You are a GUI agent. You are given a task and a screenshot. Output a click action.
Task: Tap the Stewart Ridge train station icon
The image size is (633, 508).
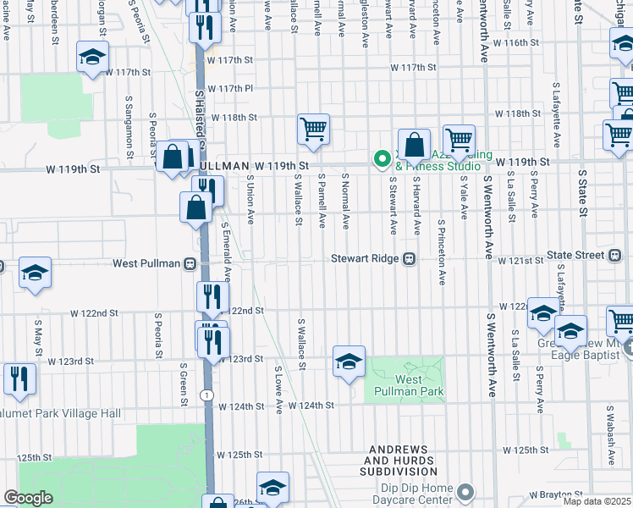(x=409, y=259)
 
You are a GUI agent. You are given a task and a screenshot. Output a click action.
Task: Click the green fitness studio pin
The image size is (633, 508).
(x=383, y=157)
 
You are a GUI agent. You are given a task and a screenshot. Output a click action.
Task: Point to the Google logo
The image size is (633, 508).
(x=28, y=498)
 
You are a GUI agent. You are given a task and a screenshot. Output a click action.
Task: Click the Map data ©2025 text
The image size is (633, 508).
(x=597, y=501)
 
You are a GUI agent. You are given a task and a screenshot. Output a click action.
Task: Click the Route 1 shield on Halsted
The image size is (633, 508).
(x=206, y=395)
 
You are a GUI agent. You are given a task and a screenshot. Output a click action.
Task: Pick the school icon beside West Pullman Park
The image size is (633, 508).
(x=349, y=362)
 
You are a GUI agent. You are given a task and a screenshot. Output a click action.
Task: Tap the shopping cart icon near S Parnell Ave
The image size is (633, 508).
(x=313, y=130)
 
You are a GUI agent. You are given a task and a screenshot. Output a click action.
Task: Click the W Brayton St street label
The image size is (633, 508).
(x=556, y=494)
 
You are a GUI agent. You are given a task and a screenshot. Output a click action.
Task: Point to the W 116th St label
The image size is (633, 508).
(x=516, y=41)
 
